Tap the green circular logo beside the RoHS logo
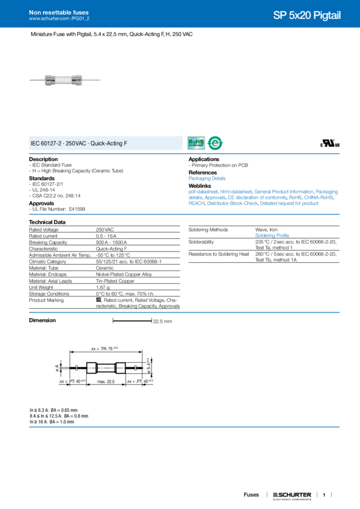pyautogui.click(x=214, y=143)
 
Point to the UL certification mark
pyautogui.click(x=331, y=144)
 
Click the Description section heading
pyautogui.click(x=44, y=159)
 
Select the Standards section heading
pyautogui.click(x=42, y=178)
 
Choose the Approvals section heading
pyautogui.click(x=43, y=202)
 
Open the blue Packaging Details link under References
pyautogui.click(x=207, y=178)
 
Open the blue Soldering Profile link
pyautogui.click(x=271, y=234)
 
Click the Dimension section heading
pyautogui.click(x=43, y=320)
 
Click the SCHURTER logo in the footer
pyautogui.click(x=292, y=495)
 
